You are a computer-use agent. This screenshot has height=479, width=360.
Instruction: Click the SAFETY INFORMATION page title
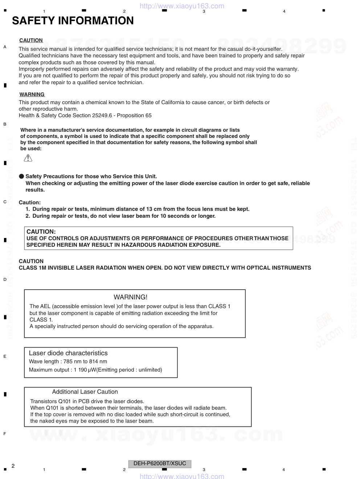[73, 21]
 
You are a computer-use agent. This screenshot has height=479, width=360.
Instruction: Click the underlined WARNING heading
[32, 94]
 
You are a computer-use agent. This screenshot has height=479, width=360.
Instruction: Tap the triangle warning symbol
[28, 158]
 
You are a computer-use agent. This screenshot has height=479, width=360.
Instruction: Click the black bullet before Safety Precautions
[21, 176]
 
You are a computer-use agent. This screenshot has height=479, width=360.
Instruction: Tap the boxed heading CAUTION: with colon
[41, 232]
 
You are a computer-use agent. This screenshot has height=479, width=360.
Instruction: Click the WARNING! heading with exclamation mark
[130, 297]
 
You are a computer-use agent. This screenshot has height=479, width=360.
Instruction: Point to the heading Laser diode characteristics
[68, 353]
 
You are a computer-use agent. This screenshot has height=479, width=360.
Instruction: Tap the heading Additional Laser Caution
[85, 392]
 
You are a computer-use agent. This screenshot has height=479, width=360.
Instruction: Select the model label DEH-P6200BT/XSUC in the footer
[160, 464]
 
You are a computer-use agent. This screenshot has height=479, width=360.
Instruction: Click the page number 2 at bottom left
[13, 466]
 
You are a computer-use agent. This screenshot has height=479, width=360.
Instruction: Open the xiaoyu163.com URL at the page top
[182, 6]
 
